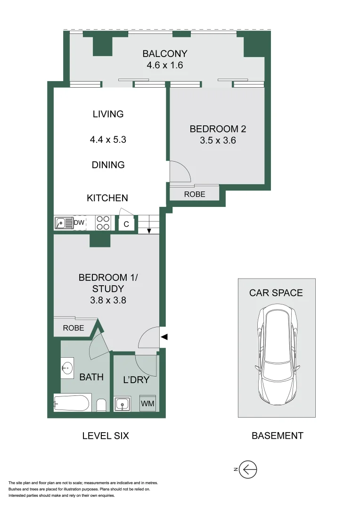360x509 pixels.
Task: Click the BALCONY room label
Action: pyautogui.click(x=165, y=53)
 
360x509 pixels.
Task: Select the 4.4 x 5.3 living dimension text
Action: pyautogui.click(x=108, y=140)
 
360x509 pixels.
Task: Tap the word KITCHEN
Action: pyautogui.click(x=107, y=198)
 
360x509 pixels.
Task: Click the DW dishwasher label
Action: pyautogui.click(x=79, y=222)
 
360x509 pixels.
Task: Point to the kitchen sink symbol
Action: pyautogui.click(x=61, y=223)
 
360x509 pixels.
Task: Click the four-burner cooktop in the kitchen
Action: pyautogui.click(x=103, y=223)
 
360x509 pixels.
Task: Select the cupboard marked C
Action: pyautogui.click(x=126, y=224)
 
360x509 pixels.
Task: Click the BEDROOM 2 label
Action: pyautogui.click(x=218, y=129)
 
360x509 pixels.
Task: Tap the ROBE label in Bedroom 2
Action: pyautogui.click(x=195, y=194)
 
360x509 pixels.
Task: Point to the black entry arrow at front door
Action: pyautogui.click(x=164, y=337)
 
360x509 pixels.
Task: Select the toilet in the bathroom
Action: pyautogui.click(x=101, y=405)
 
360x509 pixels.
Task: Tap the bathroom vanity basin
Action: pyautogui.click(x=67, y=368)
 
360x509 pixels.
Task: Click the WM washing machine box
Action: pyautogui.click(x=147, y=404)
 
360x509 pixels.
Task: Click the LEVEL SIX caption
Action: pyautogui.click(x=106, y=436)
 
